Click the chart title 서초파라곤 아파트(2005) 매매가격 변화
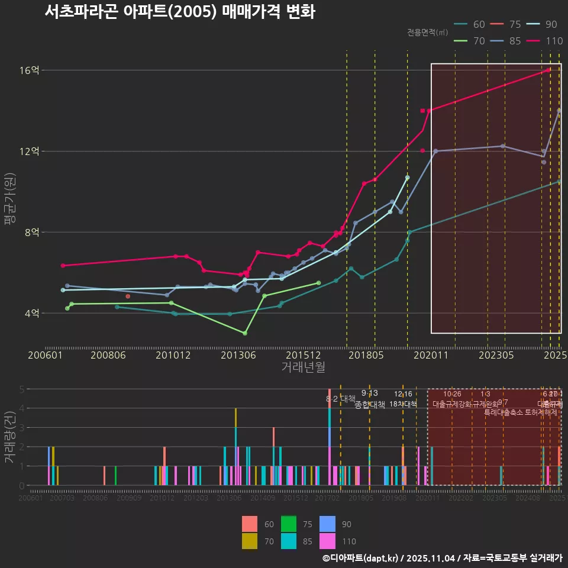coord(179,12)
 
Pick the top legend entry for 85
coord(507,41)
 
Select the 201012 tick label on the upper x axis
coord(173,356)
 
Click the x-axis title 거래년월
coord(303,368)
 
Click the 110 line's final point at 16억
coord(548,70)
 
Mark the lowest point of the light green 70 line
coord(245,333)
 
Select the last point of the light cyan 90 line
coord(407,177)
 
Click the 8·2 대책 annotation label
coord(340,399)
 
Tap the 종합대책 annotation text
coord(370,405)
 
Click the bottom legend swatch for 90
coord(327,524)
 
